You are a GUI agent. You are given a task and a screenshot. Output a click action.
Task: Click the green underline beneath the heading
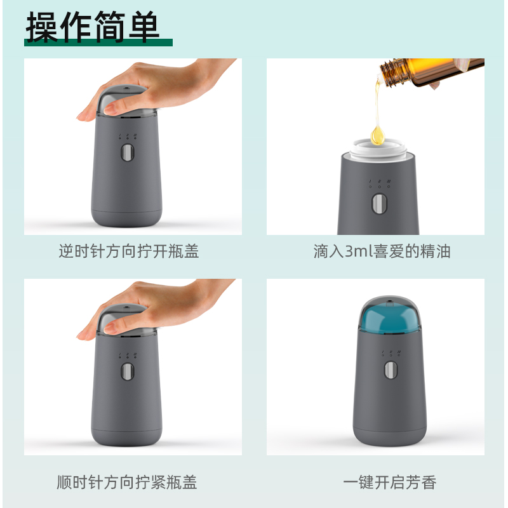(98, 43)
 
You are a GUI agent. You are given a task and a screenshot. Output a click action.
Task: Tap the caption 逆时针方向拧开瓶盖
(129, 251)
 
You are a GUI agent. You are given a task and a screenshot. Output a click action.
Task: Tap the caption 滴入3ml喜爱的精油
(382, 251)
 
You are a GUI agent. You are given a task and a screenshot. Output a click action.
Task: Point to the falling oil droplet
(378, 133)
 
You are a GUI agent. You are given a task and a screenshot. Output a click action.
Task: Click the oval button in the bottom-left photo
(127, 373)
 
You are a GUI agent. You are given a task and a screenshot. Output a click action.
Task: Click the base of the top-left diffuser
(126, 216)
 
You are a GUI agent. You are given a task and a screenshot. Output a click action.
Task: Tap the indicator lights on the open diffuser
(379, 183)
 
